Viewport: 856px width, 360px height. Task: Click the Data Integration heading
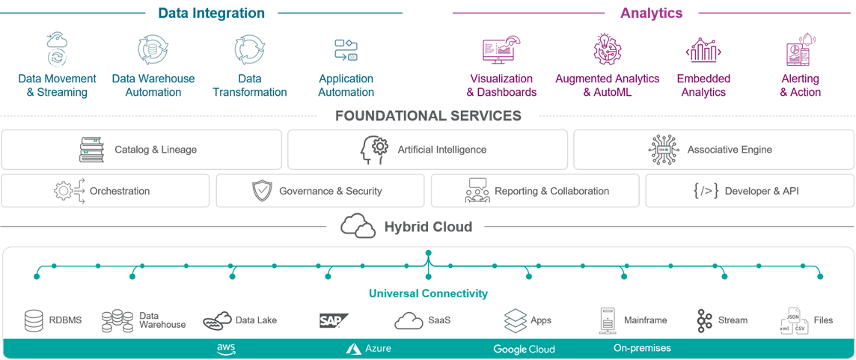point(211,13)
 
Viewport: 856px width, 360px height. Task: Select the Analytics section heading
point(651,13)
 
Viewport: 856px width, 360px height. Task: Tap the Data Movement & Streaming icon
point(57,49)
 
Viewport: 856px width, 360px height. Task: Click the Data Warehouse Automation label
point(153,85)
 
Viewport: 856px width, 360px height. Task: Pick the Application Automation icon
point(346,50)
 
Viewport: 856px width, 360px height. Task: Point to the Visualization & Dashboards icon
point(501,50)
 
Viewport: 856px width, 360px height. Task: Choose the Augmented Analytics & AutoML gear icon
point(607,49)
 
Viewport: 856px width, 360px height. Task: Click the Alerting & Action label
point(800,85)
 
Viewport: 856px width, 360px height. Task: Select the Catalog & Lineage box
point(141,150)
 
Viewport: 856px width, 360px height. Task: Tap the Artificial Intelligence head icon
point(374,150)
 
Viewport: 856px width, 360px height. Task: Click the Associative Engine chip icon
point(664,150)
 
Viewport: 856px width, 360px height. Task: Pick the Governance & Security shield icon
point(262,191)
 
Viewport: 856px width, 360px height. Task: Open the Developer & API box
point(750,191)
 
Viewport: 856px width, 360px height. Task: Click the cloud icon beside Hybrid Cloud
point(358,226)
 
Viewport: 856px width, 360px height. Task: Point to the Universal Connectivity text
point(428,293)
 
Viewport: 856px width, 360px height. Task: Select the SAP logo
point(333,320)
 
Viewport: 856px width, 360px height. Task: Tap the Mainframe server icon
point(607,320)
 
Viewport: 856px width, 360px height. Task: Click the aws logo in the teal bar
point(226,349)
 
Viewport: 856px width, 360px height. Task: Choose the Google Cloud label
point(524,349)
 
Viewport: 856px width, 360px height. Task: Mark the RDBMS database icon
point(34,320)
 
